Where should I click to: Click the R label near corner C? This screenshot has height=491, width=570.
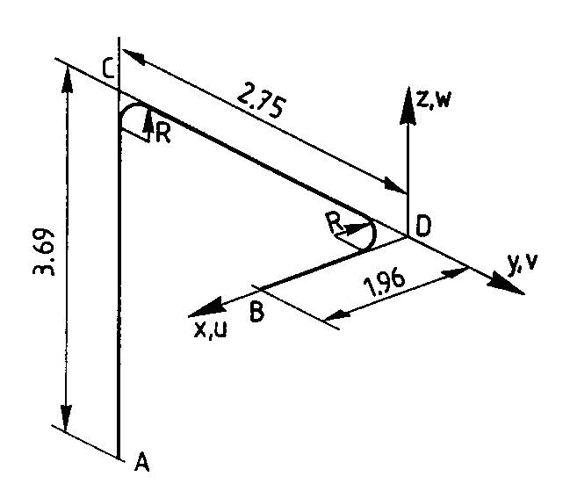click(x=162, y=134)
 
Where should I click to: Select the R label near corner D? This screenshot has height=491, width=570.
click(x=333, y=223)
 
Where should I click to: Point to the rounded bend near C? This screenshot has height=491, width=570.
click(x=129, y=112)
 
